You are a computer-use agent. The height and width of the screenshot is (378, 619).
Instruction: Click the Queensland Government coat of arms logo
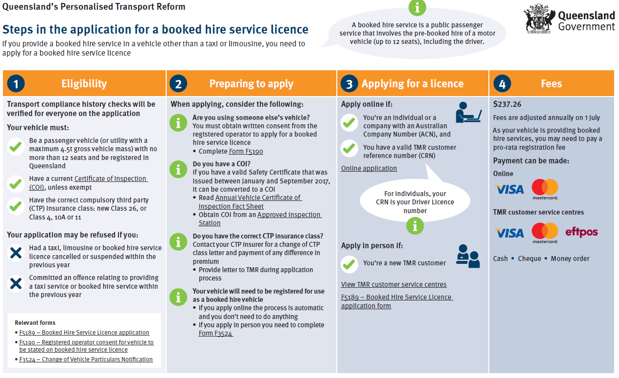[x=540, y=19]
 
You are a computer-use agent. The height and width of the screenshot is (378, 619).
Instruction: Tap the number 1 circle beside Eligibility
[x=16, y=84]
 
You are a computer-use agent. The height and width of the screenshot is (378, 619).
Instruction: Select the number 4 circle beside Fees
[x=502, y=84]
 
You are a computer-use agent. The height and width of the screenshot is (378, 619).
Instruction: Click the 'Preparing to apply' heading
[x=251, y=84]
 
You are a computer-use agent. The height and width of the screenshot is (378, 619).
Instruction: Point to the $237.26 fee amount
[x=507, y=104]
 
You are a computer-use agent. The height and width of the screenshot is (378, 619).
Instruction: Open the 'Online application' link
[x=369, y=168]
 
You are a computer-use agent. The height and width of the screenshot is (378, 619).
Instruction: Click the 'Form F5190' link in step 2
[x=246, y=151]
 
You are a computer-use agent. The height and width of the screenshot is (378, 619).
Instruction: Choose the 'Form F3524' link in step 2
[x=215, y=334]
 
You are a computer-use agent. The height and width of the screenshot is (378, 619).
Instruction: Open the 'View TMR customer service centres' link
[x=393, y=284]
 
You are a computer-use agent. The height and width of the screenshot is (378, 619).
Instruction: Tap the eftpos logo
[x=581, y=232]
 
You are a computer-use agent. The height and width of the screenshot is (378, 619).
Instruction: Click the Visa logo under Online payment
[x=509, y=189]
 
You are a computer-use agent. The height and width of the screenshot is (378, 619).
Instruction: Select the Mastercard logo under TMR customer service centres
[x=545, y=233]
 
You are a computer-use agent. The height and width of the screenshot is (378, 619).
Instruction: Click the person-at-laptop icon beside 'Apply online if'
[x=468, y=113]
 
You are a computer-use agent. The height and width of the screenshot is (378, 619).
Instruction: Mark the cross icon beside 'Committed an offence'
[x=16, y=284]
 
